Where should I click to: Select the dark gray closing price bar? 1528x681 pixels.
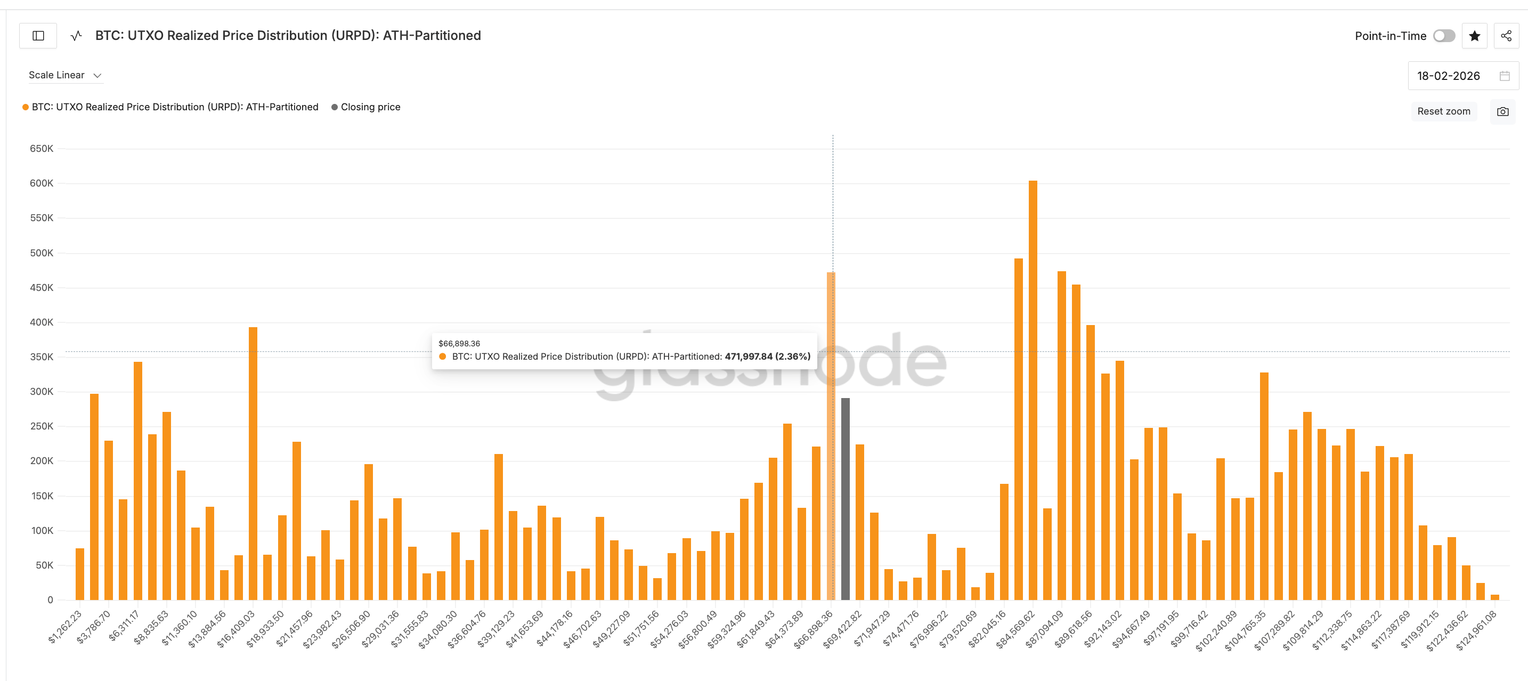(846, 498)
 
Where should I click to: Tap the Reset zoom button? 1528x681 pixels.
(1443, 111)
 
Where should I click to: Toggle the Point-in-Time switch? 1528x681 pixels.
(1444, 36)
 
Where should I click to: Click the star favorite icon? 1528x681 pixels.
(1475, 36)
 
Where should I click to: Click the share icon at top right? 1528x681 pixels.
(1506, 36)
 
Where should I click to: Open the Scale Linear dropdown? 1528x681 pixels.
(64, 75)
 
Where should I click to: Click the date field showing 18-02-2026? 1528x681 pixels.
(1448, 76)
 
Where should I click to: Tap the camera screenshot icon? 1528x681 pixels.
(1502, 111)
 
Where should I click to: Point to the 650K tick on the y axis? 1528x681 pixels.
(42, 149)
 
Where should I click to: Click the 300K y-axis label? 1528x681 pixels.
(42, 392)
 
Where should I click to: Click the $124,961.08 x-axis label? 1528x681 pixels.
(1477, 630)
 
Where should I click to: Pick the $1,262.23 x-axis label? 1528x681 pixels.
(65, 627)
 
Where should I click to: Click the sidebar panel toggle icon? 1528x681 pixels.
(38, 36)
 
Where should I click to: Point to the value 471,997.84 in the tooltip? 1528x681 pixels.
(749, 356)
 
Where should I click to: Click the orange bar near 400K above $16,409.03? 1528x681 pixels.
(253, 463)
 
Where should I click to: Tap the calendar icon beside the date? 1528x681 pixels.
(1504, 76)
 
